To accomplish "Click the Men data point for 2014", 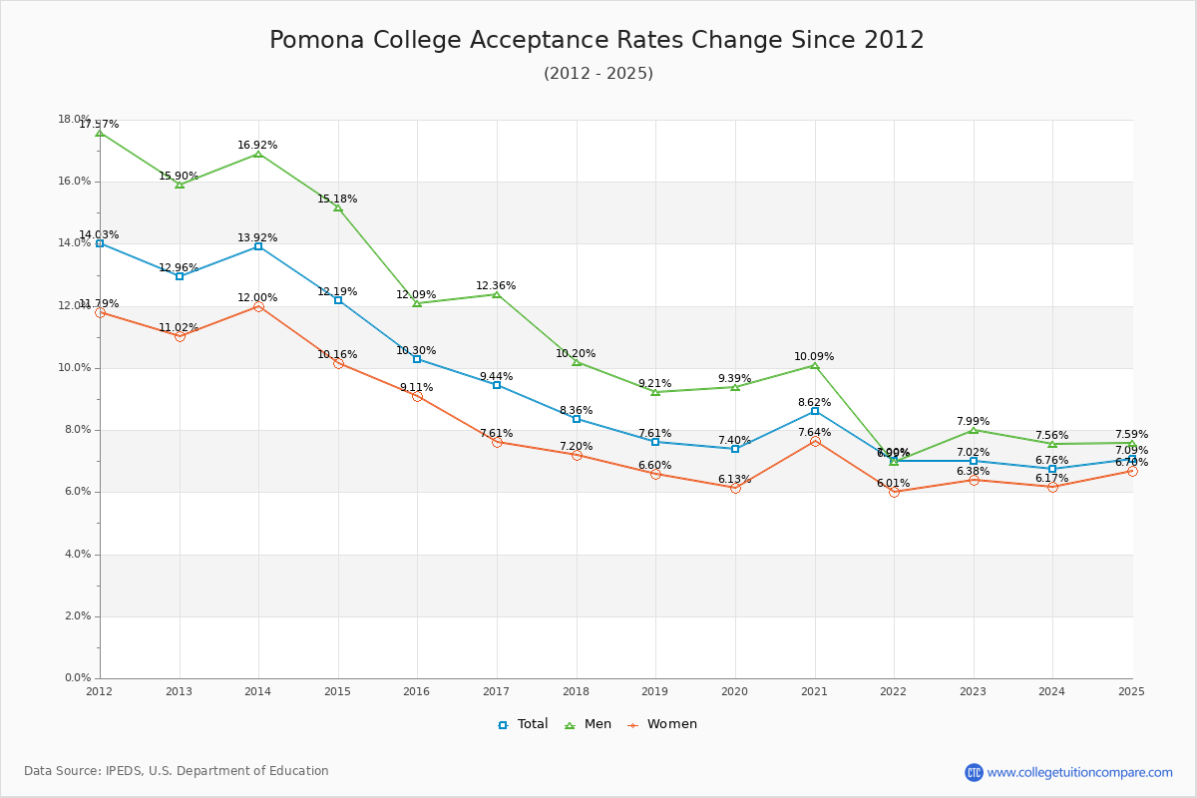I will click(258, 154).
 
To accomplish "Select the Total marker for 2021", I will click(814, 411).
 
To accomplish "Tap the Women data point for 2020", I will click(735, 488).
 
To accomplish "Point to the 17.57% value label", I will click(99, 125).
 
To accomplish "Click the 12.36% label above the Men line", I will click(496, 286).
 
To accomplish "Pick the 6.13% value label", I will click(734, 480).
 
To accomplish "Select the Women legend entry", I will click(662, 724).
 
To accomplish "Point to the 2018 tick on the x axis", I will click(576, 690).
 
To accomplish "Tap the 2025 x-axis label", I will click(1131, 690).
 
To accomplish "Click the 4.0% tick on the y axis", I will click(78, 555).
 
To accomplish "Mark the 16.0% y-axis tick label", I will click(75, 182).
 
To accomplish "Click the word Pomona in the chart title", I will click(316, 40).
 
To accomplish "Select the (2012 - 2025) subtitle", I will click(598, 74).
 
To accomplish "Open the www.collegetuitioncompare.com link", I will click(1079, 772).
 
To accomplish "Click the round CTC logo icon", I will click(974, 772).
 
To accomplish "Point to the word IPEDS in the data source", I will click(129, 771).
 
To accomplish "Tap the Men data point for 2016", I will click(417, 302).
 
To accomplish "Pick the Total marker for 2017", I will click(497, 385).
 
